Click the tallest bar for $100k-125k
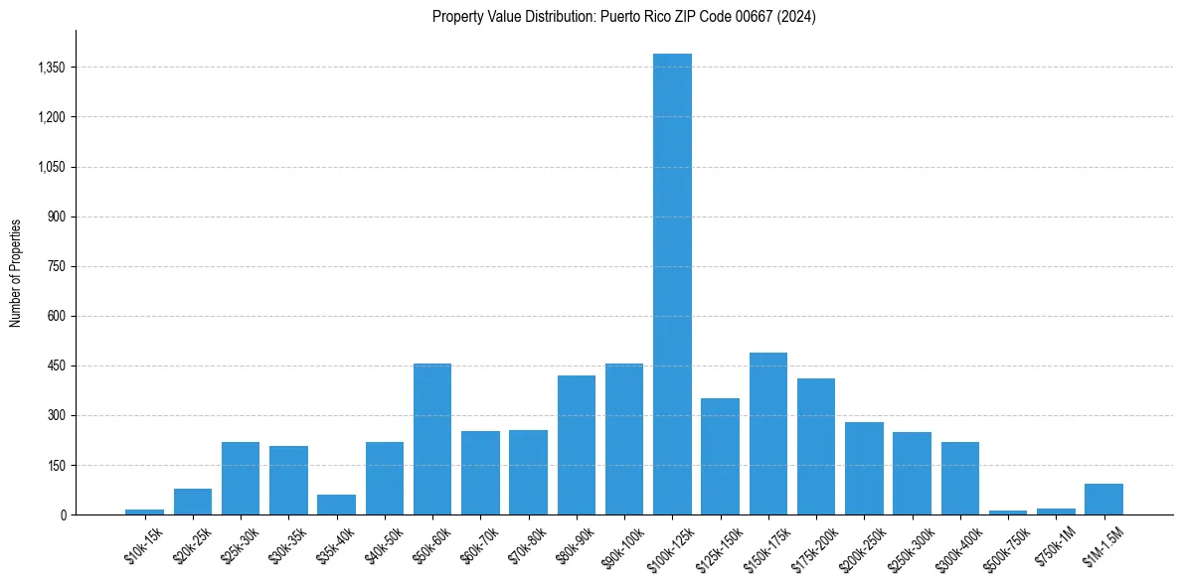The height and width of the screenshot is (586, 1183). [672, 284]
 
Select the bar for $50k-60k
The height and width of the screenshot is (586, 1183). [432, 439]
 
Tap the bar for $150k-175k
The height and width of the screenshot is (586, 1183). [768, 434]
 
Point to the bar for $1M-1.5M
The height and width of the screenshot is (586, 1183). [1103, 500]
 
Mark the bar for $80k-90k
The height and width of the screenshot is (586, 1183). [577, 445]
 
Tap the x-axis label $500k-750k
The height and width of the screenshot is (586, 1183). [1006, 548]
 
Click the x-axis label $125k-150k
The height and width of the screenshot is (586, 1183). [719, 548]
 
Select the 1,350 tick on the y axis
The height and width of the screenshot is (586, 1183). [51, 68]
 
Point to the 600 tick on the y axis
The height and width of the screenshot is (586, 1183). [57, 316]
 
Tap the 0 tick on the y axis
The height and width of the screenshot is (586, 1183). [63, 514]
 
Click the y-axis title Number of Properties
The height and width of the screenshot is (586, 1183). [16, 273]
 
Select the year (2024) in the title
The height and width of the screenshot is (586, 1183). [796, 17]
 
